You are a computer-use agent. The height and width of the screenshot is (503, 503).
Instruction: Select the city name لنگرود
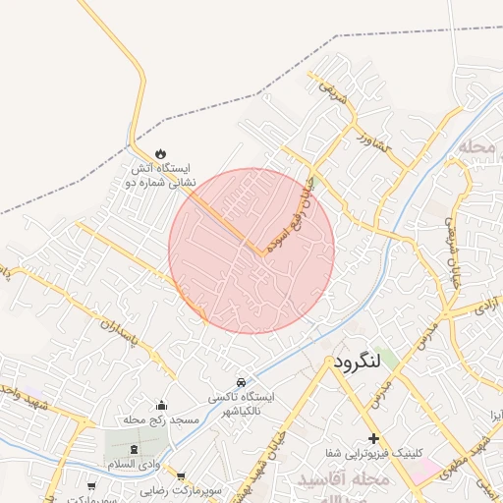(357, 363)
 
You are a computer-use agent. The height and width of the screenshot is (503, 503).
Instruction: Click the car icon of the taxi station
(240, 381)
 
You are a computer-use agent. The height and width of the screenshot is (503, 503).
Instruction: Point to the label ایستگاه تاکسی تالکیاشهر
(241, 404)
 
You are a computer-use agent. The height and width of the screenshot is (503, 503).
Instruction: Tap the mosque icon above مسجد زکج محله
(162, 404)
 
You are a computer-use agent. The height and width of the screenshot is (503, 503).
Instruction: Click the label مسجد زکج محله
(161, 419)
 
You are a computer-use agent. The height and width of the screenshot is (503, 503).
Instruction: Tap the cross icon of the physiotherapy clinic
(372, 437)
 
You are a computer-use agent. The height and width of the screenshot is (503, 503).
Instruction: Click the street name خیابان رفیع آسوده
(295, 210)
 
